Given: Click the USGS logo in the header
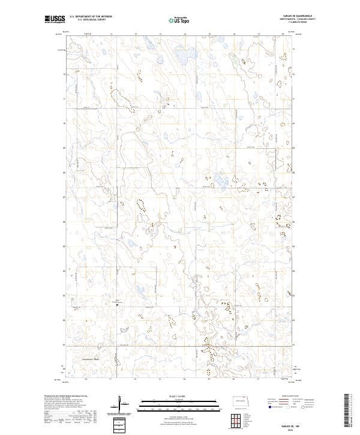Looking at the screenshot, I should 55,20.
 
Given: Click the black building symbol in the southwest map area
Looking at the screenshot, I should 118,304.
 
